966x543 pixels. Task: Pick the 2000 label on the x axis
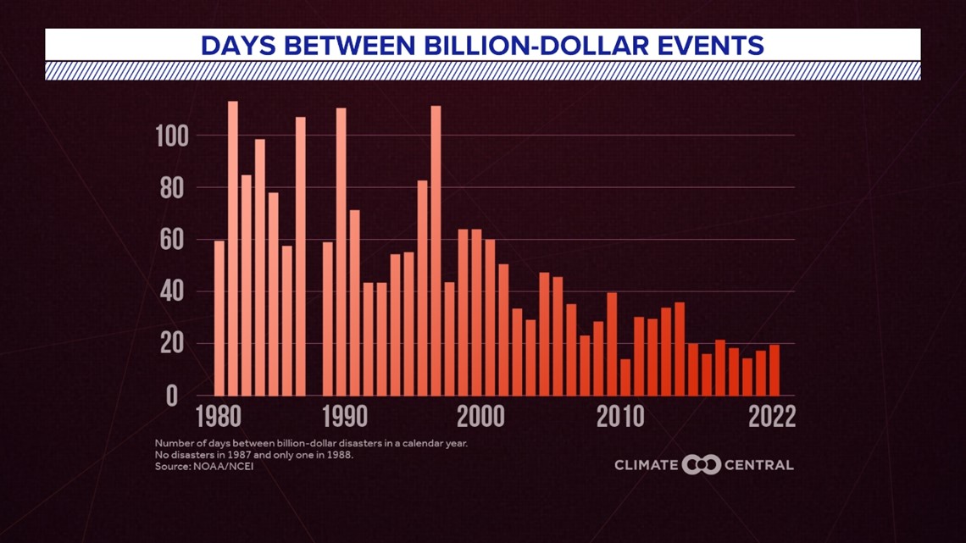[480, 418]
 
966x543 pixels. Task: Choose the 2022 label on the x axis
[772, 418]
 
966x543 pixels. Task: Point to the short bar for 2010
[625, 377]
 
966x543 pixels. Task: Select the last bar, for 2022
[774, 370]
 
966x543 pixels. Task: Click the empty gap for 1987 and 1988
[314, 339]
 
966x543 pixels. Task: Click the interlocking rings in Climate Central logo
[701, 464]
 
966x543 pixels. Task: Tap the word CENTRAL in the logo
[759, 464]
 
